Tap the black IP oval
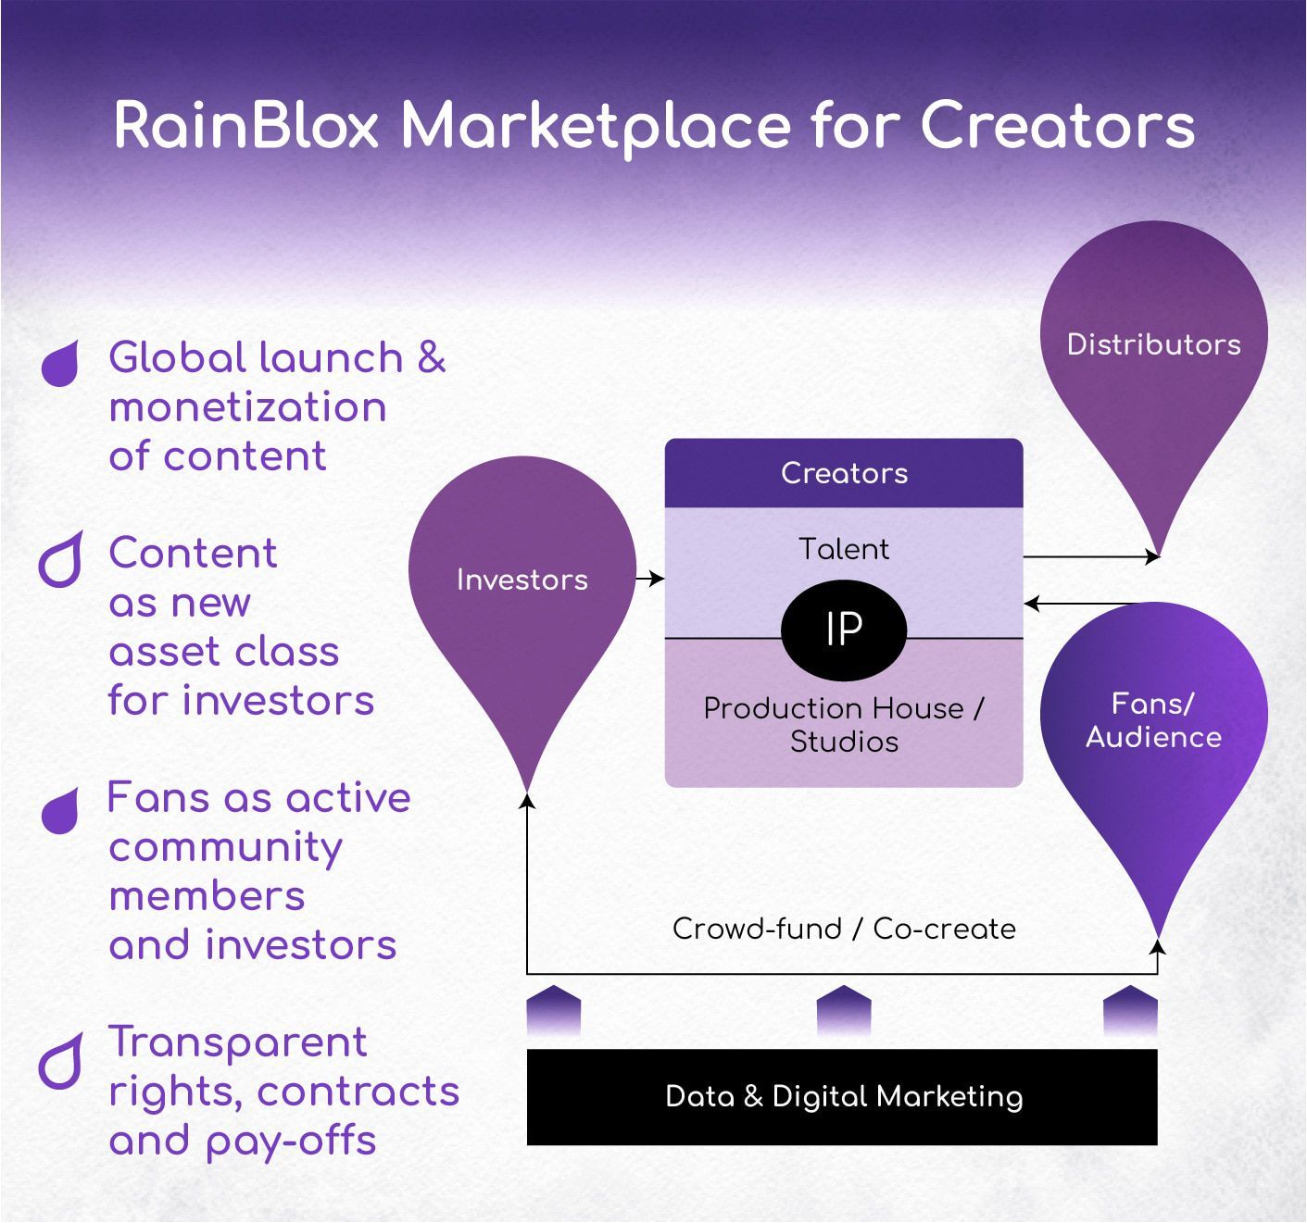click(844, 630)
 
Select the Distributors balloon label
click(1153, 344)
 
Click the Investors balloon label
click(522, 580)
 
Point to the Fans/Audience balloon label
click(1153, 720)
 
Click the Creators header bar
click(844, 473)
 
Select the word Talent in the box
click(844, 549)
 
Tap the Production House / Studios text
click(844, 725)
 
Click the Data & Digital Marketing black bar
click(842, 1096)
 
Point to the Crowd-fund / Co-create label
click(844, 929)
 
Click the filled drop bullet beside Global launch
click(61, 363)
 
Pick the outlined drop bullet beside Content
click(61, 559)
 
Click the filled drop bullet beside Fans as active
click(61, 811)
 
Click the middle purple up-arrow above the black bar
click(844, 1010)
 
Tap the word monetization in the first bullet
click(247, 407)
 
